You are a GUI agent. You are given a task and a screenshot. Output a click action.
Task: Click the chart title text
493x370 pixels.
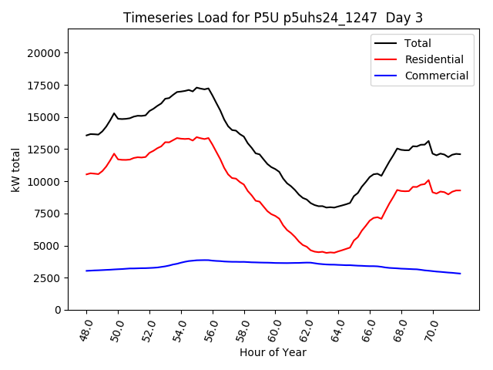click(x=273, y=18)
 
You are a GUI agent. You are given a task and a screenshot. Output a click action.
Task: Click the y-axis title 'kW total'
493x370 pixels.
click(x=16, y=169)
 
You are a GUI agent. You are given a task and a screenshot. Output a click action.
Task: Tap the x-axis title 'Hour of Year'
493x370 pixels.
click(x=273, y=352)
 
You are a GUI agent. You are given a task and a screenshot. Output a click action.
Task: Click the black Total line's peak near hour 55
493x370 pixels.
click(x=197, y=88)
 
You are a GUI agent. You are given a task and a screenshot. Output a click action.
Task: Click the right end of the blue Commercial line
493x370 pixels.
click(x=461, y=274)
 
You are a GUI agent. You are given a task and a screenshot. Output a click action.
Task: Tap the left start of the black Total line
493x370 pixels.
click(x=86, y=136)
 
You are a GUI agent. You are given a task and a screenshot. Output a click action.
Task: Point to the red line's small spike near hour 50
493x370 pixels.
click(x=114, y=153)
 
